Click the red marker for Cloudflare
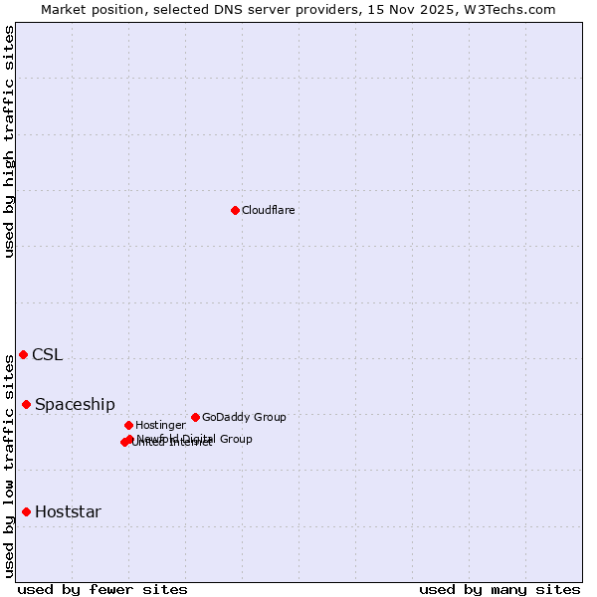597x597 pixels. [x=235, y=210]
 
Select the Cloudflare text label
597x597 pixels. [x=268, y=210]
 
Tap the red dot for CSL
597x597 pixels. [x=23, y=354]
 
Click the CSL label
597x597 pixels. [x=47, y=355]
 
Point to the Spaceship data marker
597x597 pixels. [x=27, y=404]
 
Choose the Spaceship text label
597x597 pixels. [x=75, y=405]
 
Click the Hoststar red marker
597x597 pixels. [x=27, y=511]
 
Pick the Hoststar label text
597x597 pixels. [x=68, y=512]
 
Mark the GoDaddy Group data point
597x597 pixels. [x=195, y=417]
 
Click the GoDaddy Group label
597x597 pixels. [x=244, y=417]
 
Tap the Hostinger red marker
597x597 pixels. [x=128, y=425]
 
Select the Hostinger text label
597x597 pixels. [x=160, y=425]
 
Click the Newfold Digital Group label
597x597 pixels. [x=195, y=438]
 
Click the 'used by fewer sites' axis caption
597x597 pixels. [x=102, y=589]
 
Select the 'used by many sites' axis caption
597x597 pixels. [x=499, y=589]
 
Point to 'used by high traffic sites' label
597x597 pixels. [x=9, y=141]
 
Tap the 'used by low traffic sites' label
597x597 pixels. [x=9, y=465]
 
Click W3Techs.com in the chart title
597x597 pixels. [x=512, y=9]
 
